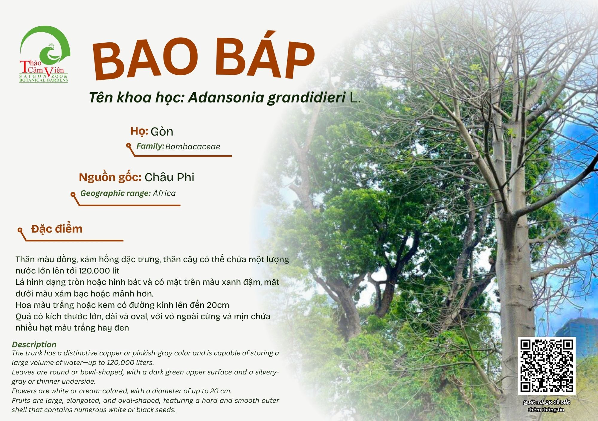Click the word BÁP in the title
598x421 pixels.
pyautogui.click(x=265, y=55)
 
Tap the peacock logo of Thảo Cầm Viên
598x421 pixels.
pyautogui.click(x=45, y=54)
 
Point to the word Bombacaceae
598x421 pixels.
pyautogui.click(x=193, y=146)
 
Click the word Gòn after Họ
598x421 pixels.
pyautogui.click(x=162, y=132)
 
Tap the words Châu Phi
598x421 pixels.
pyautogui.click(x=170, y=177)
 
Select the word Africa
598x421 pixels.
pyautogui.click(x=164, y=193)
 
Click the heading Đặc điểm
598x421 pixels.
pyautogui.click(x=57, y=229)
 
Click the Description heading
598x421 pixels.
pyautogui.click(x=34, y=345)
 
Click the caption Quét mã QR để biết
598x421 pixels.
pyautogui.click(x=547, y=402)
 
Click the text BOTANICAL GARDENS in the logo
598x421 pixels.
pyautogui.click(x=44, y=80)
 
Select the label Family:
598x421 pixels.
pyautogui.click(x=150, y=146)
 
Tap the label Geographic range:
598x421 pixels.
pyautogui.click(x=115, y=193)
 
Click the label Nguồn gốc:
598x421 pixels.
pyautogui.click(x=110, y=177)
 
